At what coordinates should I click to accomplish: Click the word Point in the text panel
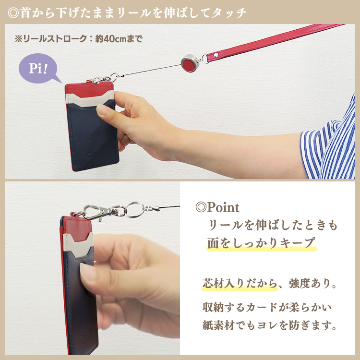coord(223,208)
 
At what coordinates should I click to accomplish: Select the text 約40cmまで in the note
coord(119,39)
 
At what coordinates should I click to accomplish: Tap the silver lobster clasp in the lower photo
coord(94,212)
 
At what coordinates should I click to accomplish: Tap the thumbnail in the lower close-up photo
coord(89,273)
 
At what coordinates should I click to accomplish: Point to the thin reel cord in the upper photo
coord(149,70)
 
